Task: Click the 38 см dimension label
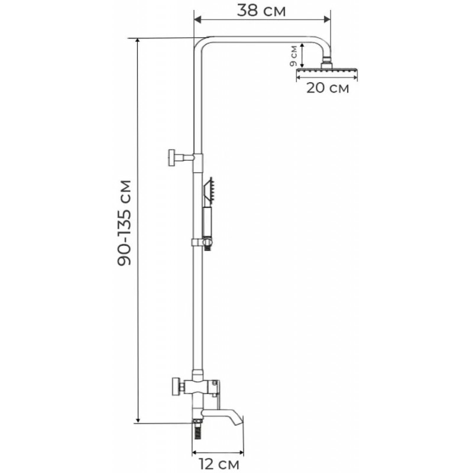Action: tap(261, 11)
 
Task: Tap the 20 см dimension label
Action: tap(328, 88)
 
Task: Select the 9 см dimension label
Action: tap(293, 56)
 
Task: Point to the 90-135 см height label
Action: tap(124, 223)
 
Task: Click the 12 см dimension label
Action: tap(219, 464)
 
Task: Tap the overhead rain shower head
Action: tap(327, 71)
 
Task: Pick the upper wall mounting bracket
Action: tap(181, 157)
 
